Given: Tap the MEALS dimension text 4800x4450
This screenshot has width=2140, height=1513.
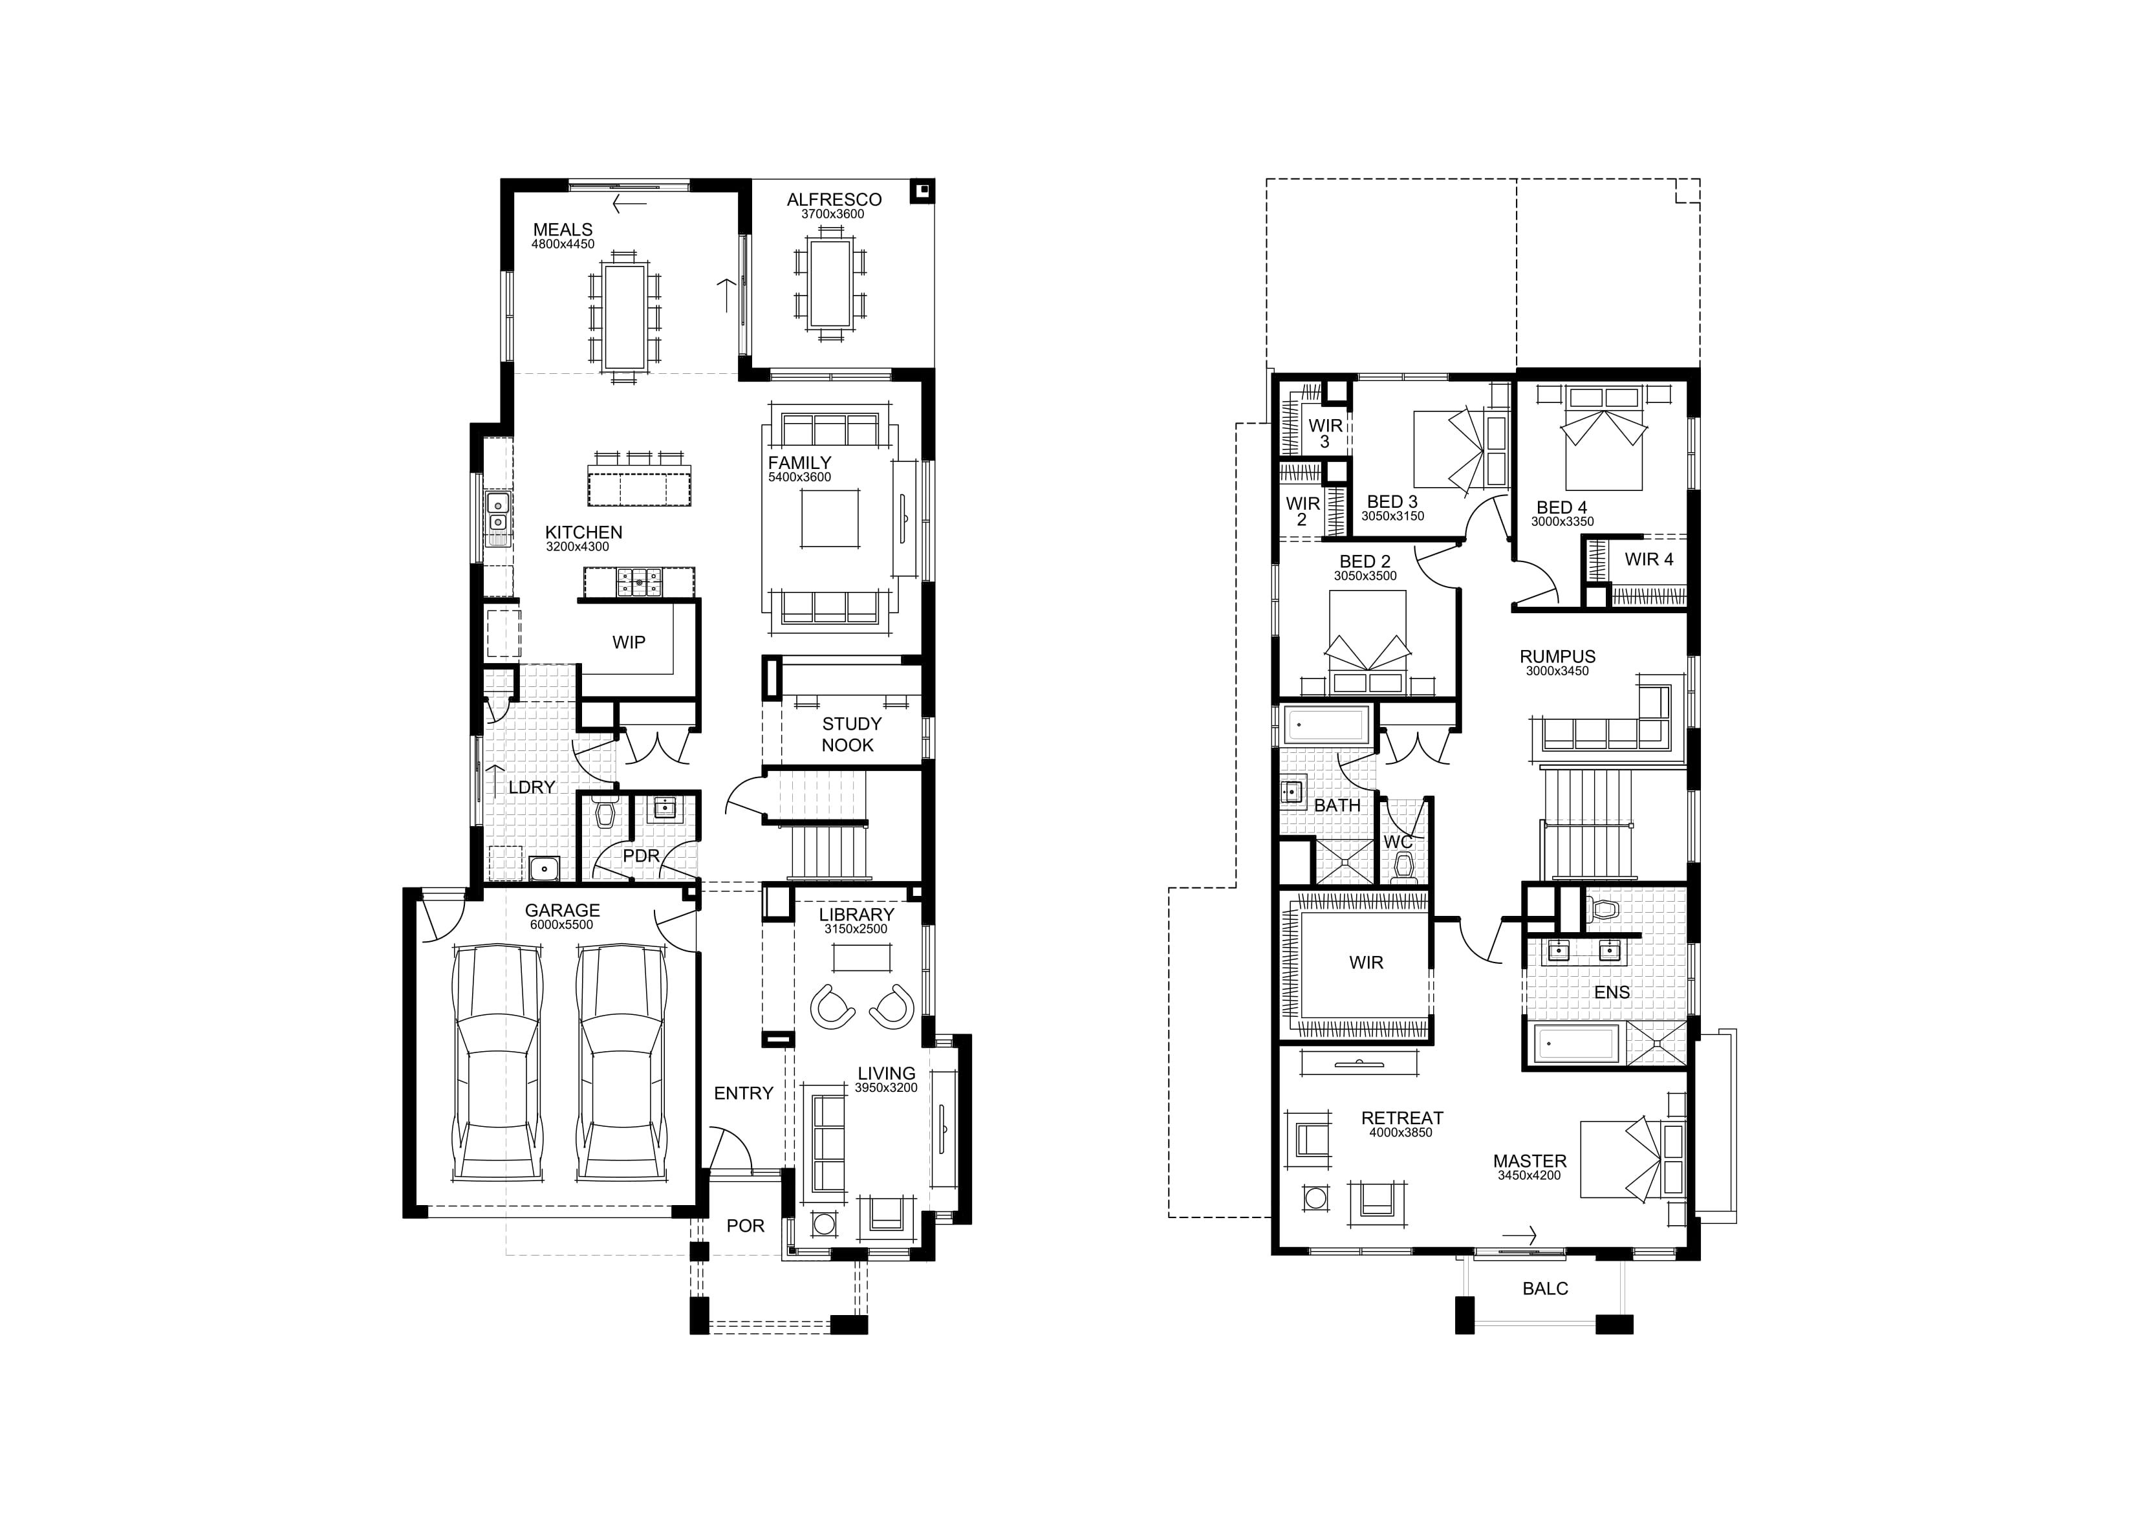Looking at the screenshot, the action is tap(563, 245).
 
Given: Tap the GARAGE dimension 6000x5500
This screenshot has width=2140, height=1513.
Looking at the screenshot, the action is tap(562, 925).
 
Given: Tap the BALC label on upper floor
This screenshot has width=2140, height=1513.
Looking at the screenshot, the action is tap(1546, 1289).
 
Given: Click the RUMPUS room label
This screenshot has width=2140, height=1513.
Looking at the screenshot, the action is tap(1557, 657).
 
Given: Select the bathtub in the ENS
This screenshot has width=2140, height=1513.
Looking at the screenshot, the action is tap(1575, 1044).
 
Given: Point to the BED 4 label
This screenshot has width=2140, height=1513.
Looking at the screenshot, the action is tap(1562, 508).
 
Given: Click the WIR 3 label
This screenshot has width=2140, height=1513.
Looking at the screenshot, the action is tap(1325, 433).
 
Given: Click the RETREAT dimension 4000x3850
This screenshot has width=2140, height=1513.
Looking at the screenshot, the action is tap(1401, 1133).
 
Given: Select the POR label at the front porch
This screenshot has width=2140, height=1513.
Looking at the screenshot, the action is tap(745, 1226).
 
